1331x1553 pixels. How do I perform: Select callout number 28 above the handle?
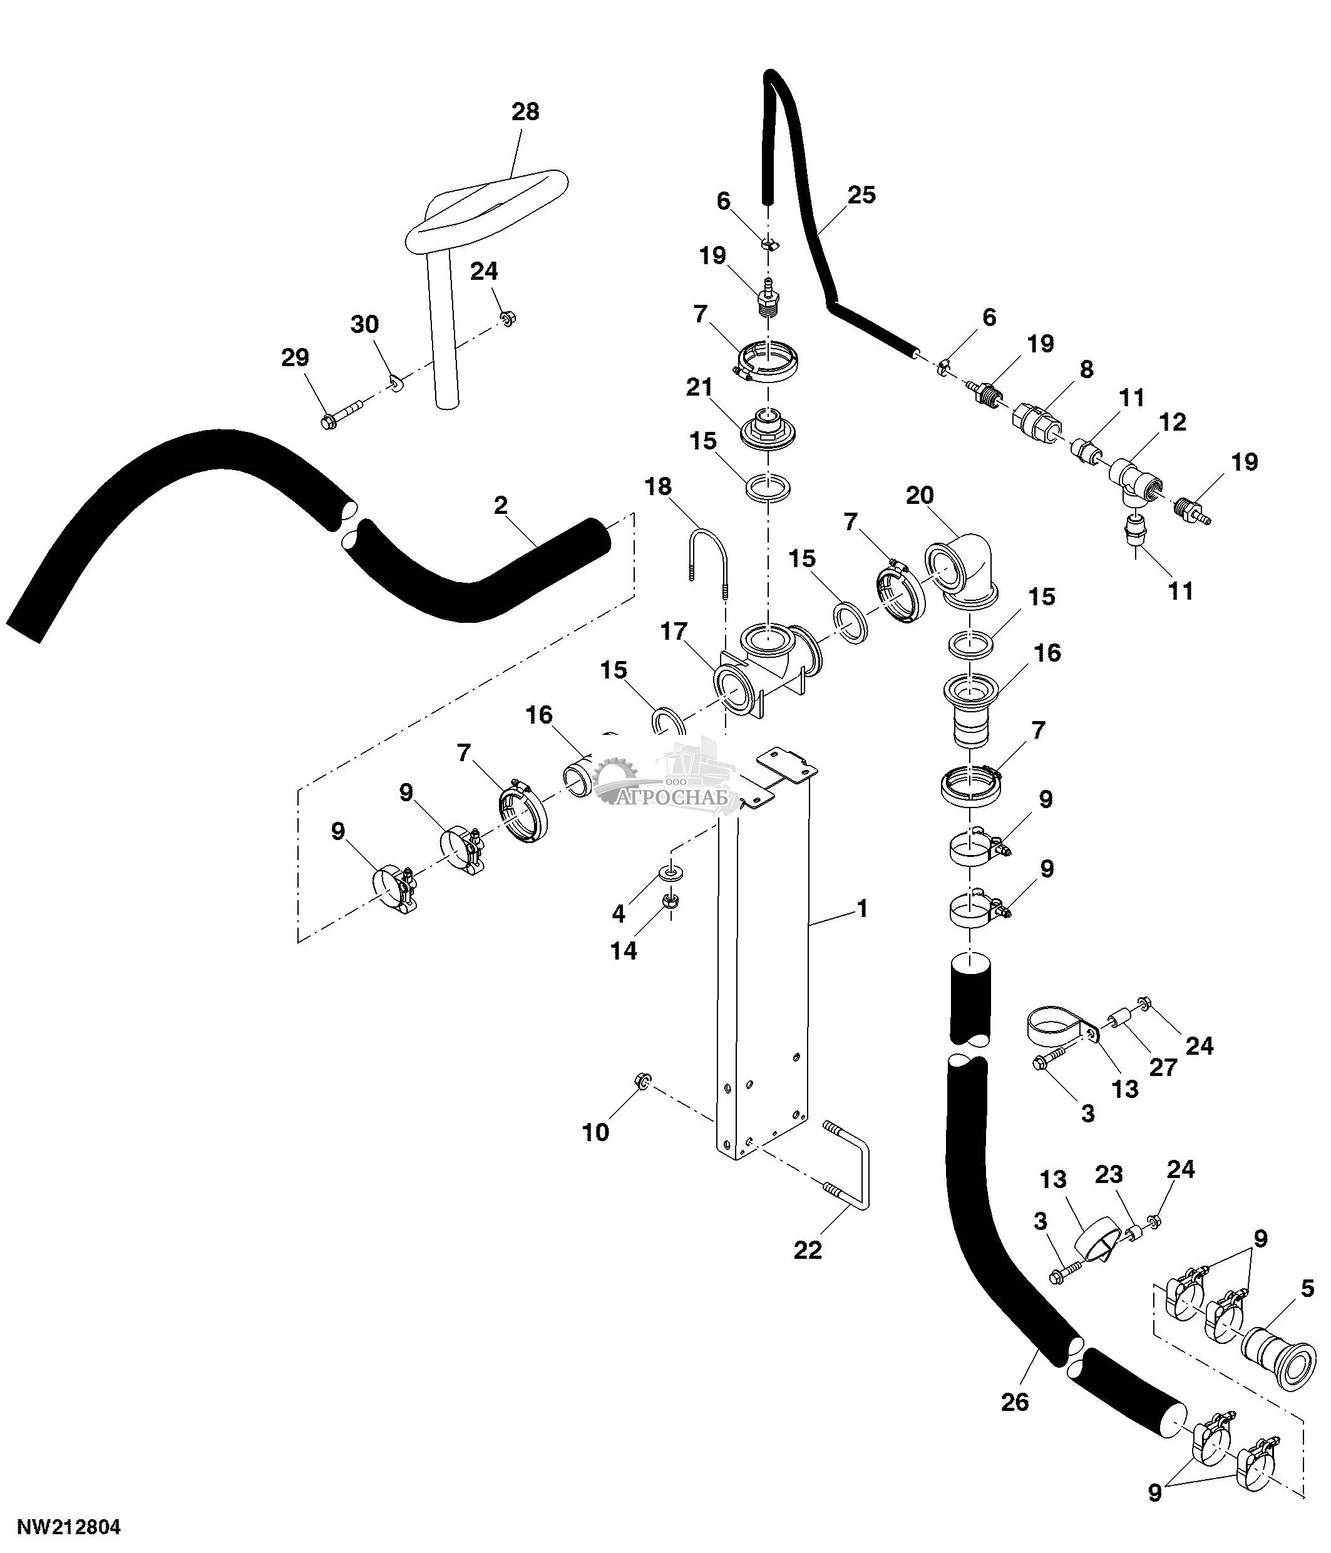click(x=525, y=111)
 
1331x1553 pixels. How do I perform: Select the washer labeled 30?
click(x=395, y=384)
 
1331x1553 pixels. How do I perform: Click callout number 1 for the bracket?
click(x=863, y=909)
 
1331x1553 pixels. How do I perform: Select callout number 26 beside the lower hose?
click(x=1015, y=1402)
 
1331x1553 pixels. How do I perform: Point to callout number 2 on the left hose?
click(x=501, y=505)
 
